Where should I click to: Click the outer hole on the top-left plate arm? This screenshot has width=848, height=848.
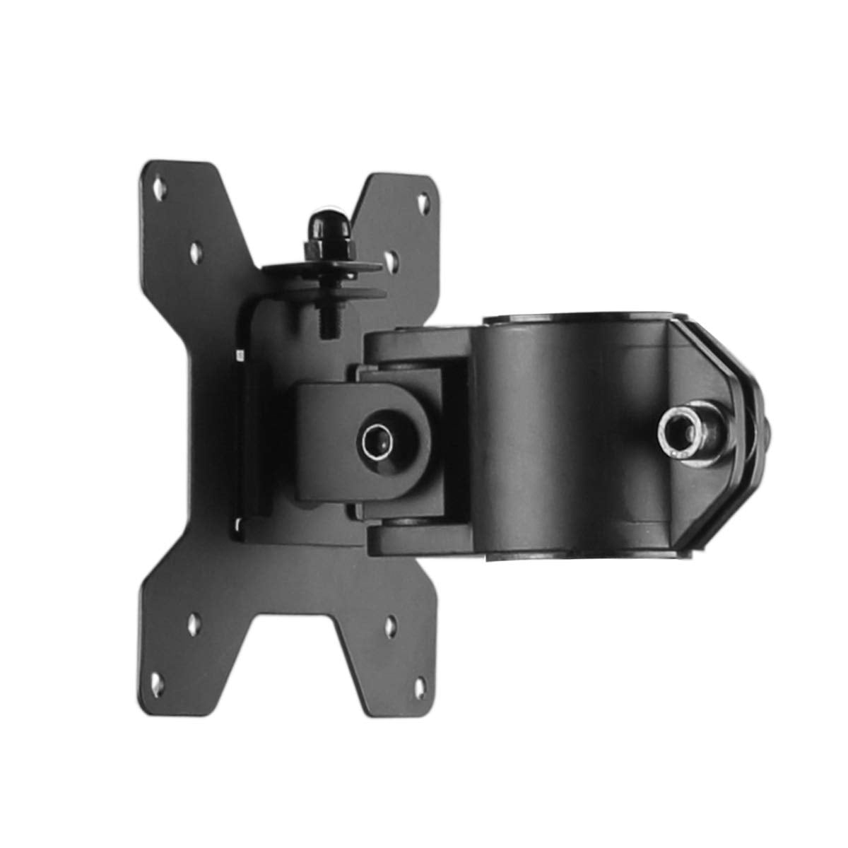click(158, 188)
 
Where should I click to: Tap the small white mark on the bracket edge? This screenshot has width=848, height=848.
click(240, 353)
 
